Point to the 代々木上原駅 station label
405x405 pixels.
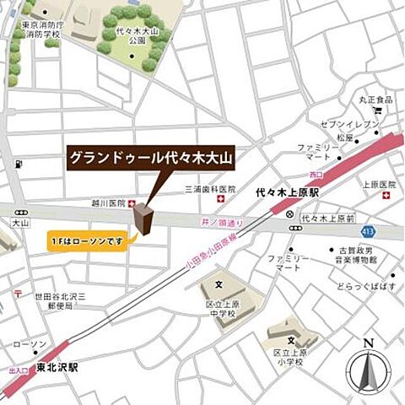pyautogui.click(x=287, y=193)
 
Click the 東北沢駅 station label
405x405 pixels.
pyautogui.click(x=57, y=368)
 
